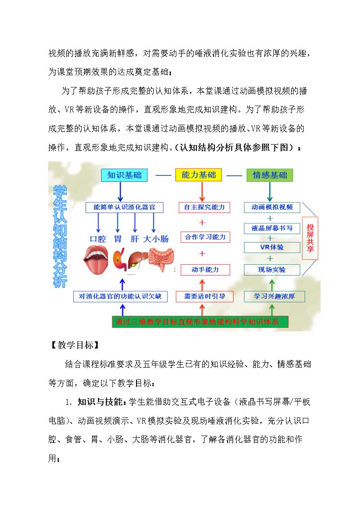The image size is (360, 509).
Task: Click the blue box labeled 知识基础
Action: [x=124, y=175]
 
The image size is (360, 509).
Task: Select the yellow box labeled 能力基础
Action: [x=198, y=175]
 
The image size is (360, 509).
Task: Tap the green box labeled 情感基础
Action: [x=270, y=175]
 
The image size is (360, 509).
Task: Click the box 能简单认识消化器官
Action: [x=124, y=207]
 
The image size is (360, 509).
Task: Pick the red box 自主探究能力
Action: [x=204, y=207]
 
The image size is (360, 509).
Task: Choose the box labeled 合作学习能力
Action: [x=205, y=237]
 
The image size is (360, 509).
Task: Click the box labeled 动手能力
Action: [x=205, y=269]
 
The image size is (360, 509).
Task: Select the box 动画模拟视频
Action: [x=272, y=207]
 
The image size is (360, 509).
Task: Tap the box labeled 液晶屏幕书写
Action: [x=272, y=228]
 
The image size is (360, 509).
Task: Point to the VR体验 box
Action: [x=272, y=247]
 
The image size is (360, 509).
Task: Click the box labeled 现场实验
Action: [x=272, y=269]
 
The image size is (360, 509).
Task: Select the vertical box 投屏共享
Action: [x=310, y=238]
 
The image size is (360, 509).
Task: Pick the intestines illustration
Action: [x=161, y=259]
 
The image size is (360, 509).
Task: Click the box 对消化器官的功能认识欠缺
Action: [x=121, y=296]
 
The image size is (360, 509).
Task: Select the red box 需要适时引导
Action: [x=204, y=296]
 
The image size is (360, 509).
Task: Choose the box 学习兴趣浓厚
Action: [x=274, y=296]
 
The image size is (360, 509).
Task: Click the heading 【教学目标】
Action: [x=75, y=345]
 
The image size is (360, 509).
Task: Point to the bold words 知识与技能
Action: [x=100, y=402]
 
